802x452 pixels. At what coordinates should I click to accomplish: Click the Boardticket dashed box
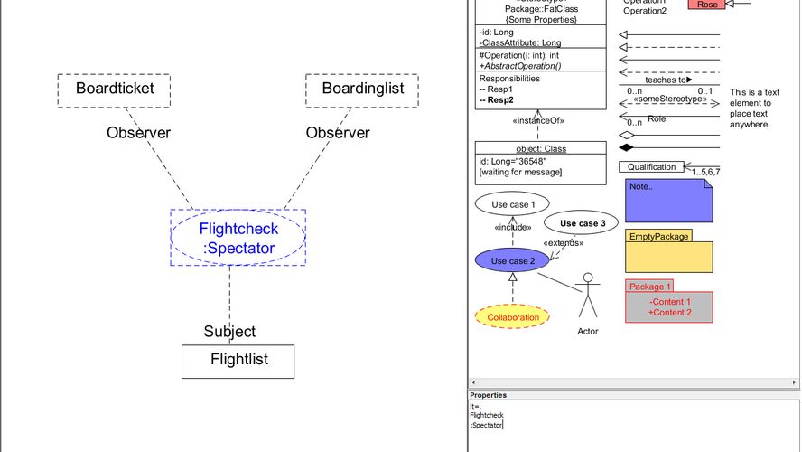point(115,89)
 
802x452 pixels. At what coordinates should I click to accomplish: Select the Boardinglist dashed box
point(361,89)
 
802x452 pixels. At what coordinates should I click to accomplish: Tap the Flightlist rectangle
point(238,360)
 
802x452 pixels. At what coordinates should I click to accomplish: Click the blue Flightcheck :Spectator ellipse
point(238,238)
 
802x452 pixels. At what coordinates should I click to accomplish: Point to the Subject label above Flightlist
point(229,332)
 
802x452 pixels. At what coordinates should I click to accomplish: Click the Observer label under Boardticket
point(138,133)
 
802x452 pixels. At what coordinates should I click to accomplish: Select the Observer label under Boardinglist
point(338,133)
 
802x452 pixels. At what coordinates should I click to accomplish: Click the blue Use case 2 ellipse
point(512,261)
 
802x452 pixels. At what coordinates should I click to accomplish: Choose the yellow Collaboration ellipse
point(513,317)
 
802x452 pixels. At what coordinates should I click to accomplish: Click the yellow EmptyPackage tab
point(658,237)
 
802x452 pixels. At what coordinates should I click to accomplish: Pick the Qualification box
point(651,167)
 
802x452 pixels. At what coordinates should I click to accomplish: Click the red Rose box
point(708,5)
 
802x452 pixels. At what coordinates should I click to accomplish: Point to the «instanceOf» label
point(538,119)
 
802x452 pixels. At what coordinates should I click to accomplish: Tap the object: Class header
point(541,148)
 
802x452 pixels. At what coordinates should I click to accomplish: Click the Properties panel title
point(488,395)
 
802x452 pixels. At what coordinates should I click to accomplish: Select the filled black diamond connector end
point(624,146)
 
